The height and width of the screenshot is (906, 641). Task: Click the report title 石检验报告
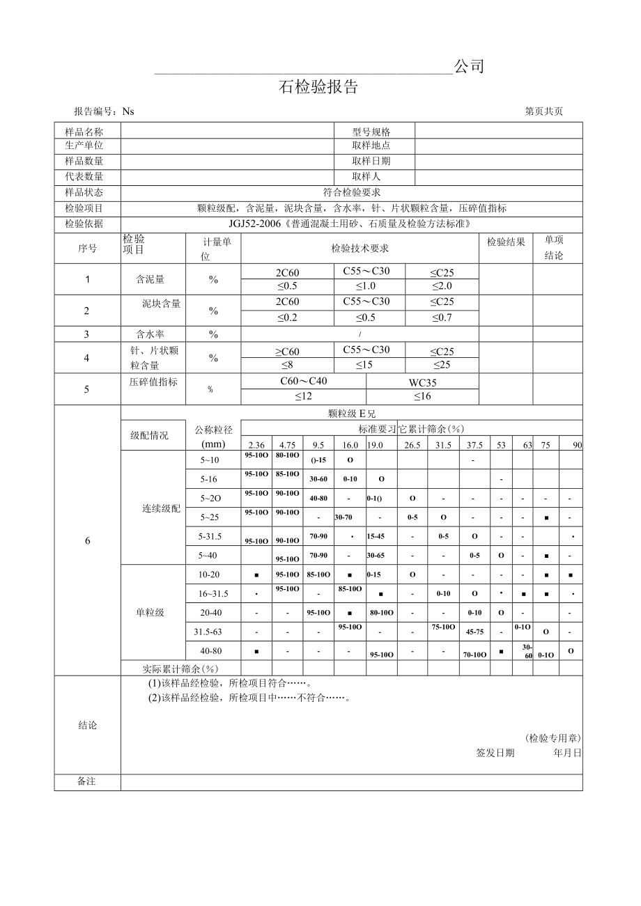click(318, 87)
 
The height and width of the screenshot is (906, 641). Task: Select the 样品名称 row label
click(84, 132)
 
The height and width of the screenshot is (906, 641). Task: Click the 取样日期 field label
click(371, 161)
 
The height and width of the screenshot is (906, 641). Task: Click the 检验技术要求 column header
click(360, 249)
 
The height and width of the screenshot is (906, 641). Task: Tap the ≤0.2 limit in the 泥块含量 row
click(287, 318)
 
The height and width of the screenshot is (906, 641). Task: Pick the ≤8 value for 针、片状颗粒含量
click(287, 364)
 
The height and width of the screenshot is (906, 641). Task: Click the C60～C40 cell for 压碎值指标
click(303, 381)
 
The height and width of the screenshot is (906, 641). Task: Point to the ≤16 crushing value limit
click(422, 396)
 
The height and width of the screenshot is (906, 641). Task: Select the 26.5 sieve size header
click(412, 445)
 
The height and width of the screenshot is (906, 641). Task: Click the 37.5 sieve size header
click(474, 445)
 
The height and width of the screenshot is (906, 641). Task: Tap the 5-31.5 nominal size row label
click(210, 537)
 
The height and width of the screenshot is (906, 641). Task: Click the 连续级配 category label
click(162, 508)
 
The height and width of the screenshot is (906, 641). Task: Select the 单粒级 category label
click(150, 612)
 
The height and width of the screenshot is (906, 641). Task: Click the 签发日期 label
click(495, 753)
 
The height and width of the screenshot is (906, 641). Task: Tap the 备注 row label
click(86, 781)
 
